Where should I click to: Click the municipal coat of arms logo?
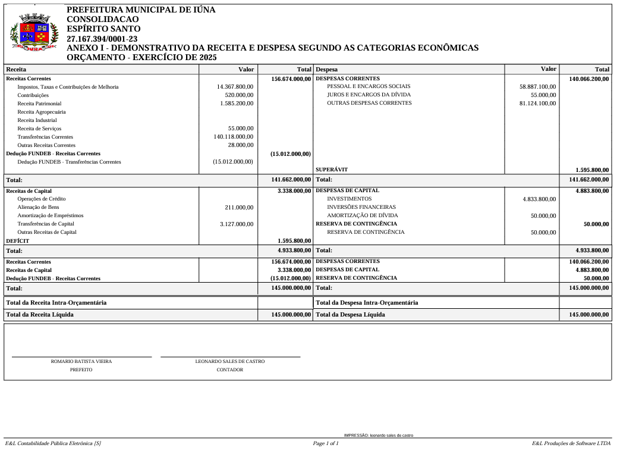pos(34,33)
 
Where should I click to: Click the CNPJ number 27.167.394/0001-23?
pos(102,39)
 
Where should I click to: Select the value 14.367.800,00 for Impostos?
pos(235,87)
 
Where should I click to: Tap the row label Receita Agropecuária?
pos(42,112)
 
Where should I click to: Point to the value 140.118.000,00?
pos(234,137)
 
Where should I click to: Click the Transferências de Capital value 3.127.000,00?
pos(237,224)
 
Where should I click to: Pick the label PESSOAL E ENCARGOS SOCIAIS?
pos(369,86)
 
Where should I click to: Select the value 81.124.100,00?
pos(537,103)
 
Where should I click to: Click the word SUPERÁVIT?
pos(332,170)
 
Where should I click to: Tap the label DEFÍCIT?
pos(17,241)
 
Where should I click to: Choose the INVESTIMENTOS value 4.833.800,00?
pos(539,199)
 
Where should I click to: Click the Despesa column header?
pos(326,70)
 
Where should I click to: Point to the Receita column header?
pos(16,70)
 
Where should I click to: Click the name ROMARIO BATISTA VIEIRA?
pos(81,361)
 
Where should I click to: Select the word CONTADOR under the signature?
pos(229,370)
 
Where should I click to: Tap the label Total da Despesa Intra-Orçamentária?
pos(367,302)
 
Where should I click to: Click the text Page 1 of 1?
pos(326,443)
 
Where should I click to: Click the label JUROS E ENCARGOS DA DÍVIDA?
pos(369,95)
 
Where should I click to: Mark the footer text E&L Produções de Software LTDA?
pos(571,443)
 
